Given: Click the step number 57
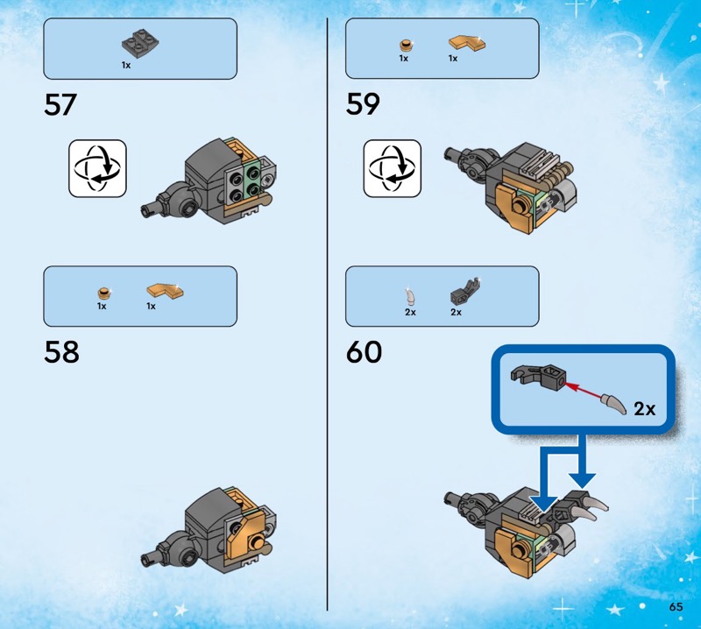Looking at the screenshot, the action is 60,105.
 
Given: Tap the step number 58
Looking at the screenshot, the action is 61,352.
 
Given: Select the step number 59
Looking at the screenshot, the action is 363,104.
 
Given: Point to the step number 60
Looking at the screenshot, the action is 364,352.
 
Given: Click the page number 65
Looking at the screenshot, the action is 676,606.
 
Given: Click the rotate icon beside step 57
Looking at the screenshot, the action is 97,168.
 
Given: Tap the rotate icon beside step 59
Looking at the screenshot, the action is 392,168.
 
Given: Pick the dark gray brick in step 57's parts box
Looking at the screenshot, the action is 140,43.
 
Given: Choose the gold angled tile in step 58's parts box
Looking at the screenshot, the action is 165,291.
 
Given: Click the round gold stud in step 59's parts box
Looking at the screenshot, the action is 406,46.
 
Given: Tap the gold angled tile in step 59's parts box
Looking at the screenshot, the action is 467,42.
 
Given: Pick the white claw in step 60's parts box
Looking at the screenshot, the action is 410,297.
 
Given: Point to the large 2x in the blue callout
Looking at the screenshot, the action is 645,408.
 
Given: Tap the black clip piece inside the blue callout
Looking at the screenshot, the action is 539,376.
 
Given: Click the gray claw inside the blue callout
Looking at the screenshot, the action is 614,403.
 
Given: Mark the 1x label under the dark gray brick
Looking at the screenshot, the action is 126,66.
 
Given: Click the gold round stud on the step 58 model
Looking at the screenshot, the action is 257,542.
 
